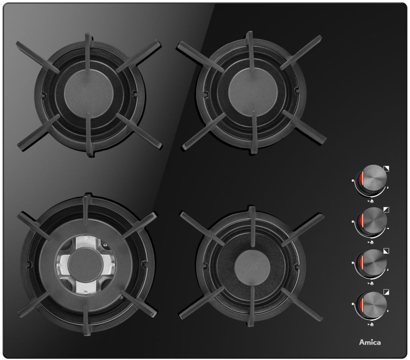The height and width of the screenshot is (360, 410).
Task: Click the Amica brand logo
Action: pos(370,342)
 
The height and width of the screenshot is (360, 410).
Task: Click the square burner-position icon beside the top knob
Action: pos(386,169)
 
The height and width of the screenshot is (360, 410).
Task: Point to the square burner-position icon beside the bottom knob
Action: pos(386,292)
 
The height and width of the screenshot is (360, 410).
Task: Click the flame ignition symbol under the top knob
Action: pos(370,201)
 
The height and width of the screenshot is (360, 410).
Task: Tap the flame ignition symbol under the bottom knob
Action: pos(370,324)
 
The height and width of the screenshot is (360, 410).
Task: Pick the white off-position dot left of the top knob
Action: pos(353,180)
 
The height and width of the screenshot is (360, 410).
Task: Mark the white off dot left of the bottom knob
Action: pos(353,304)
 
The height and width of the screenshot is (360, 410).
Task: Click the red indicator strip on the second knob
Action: pos(362,221)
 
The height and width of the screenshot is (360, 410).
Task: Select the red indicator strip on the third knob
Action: pos(362,263)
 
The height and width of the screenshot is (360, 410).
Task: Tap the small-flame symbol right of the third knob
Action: pos(387,269)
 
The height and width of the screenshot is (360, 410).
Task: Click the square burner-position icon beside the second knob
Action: pos(386,210)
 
